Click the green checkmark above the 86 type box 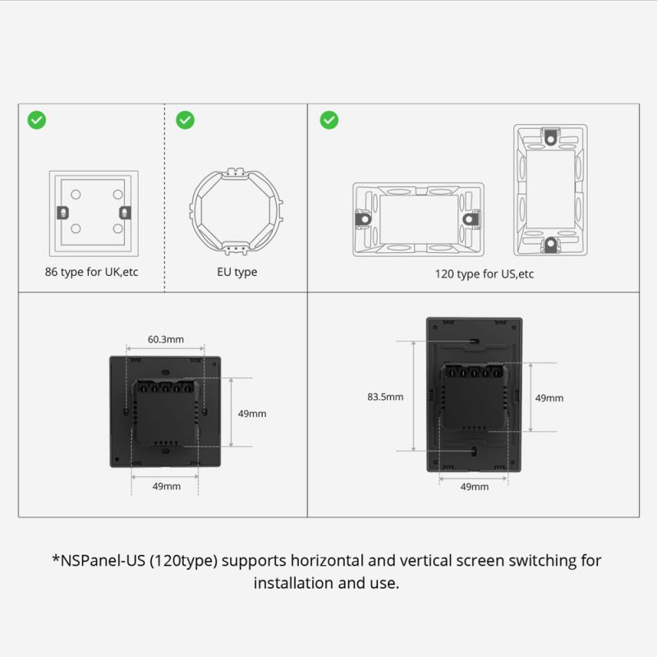tap(37, 120)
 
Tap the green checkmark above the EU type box tap(186, 120)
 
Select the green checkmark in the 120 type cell tap(328, 120)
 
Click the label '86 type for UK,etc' tap(92, 272)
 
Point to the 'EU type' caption tap(234, 272)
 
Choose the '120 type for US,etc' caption tap(484, 273)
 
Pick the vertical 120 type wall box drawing tap(550, 190)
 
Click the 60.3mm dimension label tap(165, 338)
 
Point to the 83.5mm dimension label tap(385, 396)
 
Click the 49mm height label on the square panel tap(251, 414)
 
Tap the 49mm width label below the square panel tap(166, 486)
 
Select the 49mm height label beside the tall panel tap(549, 397)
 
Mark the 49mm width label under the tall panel tap(474, 486)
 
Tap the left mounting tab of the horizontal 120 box tap(362, 218)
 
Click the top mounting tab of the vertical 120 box tap(550, 136)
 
